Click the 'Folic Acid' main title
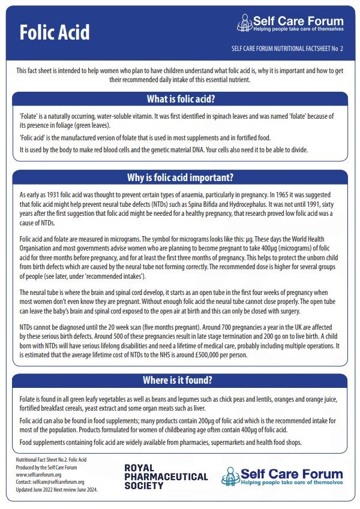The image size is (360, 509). pos(55,32)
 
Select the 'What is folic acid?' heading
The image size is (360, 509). pos(181,99)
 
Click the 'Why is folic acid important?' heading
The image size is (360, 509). pos(181,177)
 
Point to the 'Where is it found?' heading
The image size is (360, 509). pos(181,380)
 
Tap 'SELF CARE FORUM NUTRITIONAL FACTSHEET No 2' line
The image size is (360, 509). pos(286,49)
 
